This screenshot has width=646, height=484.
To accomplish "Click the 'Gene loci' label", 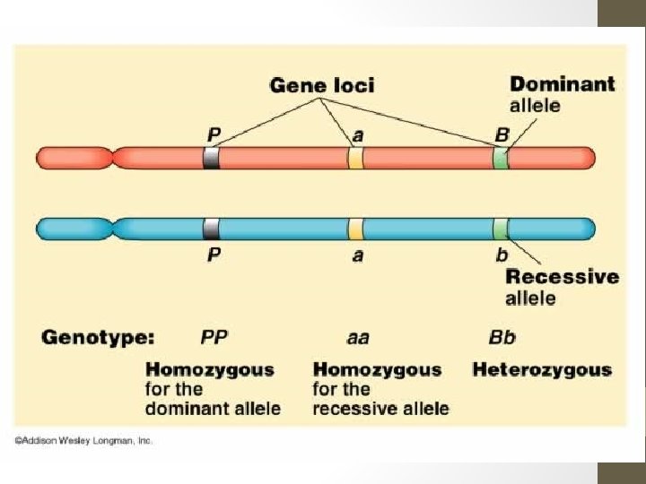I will pos(322,86).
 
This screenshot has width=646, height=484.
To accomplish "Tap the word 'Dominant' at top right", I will pos(563,84).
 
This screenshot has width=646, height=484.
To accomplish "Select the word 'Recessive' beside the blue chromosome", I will pos(563,276).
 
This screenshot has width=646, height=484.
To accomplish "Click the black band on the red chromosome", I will pos(212,159).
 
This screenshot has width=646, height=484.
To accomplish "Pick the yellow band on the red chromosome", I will pos(355,159).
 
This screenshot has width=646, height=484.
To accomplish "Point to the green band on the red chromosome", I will pos(500,159).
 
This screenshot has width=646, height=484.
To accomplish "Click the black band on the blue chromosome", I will pos(212,229).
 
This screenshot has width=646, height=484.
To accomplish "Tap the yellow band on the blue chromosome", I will pos(355,229).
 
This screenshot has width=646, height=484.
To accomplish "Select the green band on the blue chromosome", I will pos(500,229).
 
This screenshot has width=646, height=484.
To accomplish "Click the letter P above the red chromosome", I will pos(214,134).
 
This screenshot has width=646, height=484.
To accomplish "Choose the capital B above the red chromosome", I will pos(502,134).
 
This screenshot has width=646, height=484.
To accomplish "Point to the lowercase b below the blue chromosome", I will pos(502,255).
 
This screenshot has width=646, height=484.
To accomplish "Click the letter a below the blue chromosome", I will pos(357,255).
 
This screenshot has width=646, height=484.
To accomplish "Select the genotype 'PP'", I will pos(214,338).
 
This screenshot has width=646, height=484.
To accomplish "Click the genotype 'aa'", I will pos(357,339).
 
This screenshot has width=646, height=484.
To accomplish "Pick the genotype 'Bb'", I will pos(502,338).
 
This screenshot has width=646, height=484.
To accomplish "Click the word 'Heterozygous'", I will pos(542,369).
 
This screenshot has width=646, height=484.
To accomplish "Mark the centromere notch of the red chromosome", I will pos(111,159).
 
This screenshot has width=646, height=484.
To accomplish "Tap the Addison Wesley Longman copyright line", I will pos(83,440).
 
